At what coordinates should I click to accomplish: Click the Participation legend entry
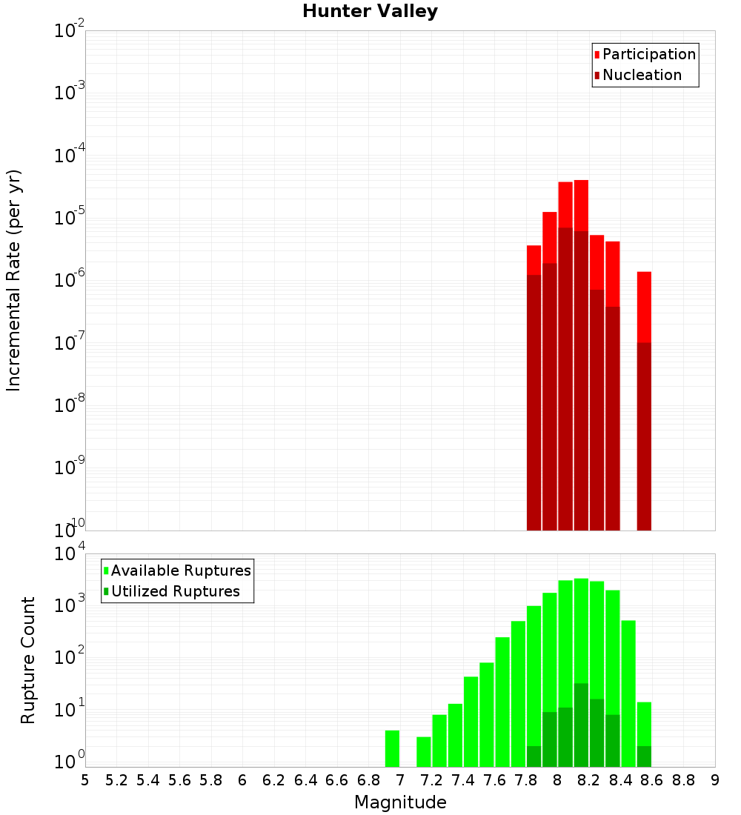click(x=649, y=54)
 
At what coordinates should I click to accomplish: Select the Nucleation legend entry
click(x=642, y=75)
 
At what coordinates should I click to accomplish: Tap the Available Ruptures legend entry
click(x=181, y=570)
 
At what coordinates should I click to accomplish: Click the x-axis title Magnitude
click(x=400, y=802)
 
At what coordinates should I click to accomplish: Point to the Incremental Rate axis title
click(x=14, y=280)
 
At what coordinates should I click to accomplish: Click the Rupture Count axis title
click(x=28, y=660)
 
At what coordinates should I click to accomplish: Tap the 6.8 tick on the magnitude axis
click(x=369, y=780)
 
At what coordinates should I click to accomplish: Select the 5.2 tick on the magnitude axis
click(x=117, y=780)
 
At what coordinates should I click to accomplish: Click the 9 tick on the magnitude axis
click(x=715, y=780)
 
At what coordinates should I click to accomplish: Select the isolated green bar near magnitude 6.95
click(x=392, y=748)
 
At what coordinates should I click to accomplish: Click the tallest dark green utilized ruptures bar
click(x=581, y=725)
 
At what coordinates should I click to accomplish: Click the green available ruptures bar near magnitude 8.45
click(x=628, y=693)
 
